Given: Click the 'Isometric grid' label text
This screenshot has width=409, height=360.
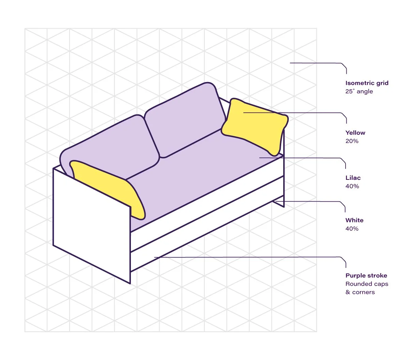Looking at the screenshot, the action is (367, 83).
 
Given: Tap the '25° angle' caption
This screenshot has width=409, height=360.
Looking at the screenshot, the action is (359, 91).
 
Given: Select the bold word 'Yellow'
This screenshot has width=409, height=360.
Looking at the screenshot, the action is (355, 133).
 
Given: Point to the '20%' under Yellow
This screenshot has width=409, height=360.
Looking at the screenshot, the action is (352, 141).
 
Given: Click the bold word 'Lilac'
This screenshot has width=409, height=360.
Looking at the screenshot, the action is (353, 178).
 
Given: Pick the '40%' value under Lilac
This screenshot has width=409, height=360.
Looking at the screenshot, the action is (352, 186).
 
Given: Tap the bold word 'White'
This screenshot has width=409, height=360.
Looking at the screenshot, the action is (354, 220).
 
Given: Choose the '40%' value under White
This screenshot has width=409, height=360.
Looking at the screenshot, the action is (352, 229).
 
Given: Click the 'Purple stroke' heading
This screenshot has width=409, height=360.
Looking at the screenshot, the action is (366, 276).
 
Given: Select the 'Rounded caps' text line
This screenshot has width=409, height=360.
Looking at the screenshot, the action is (367, 284).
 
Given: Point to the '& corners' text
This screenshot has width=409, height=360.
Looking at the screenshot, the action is (360, 292).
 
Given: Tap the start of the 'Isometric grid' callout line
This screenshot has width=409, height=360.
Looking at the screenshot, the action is (290, 63).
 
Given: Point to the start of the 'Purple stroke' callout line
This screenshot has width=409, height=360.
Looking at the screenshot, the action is (155, 257).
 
